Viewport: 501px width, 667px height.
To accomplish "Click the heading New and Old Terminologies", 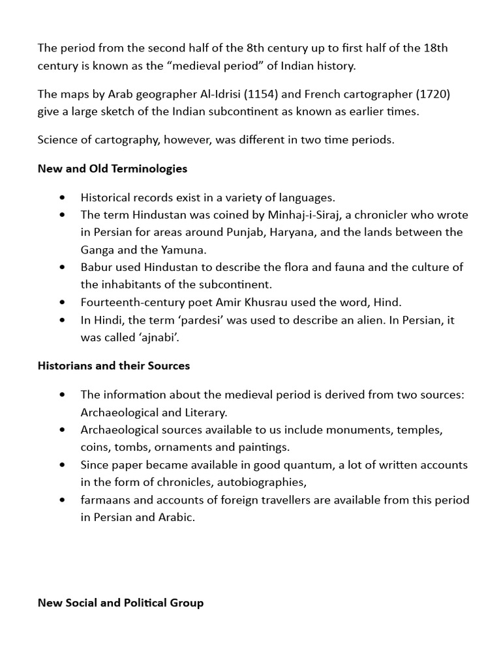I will (x=112, y=169).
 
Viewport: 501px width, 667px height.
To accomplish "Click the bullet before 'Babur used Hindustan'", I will (x=62, y=267).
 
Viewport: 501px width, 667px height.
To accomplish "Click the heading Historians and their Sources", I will (x=114, y=366).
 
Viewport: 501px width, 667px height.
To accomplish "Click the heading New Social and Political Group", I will (x=121, y=603).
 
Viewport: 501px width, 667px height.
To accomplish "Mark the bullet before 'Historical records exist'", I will (x=62, y=197).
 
